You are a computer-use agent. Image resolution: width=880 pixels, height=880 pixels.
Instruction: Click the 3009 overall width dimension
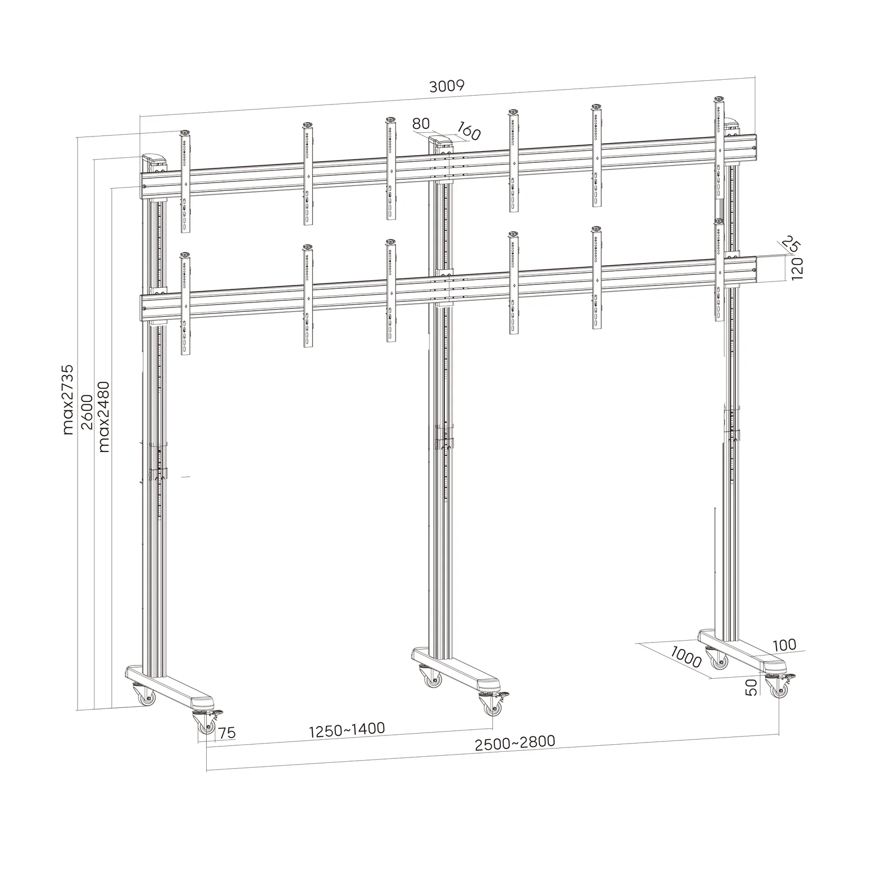pos(447,86)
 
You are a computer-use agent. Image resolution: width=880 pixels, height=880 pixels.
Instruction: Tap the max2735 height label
pos(68,399)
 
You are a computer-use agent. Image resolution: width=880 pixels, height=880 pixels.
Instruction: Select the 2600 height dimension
pos(86,413)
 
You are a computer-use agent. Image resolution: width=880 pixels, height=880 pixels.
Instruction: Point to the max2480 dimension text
pos(104,416)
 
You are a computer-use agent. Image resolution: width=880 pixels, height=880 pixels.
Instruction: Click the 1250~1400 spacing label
pos(346,730)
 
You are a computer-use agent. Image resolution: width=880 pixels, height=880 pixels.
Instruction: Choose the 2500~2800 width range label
pos(515,743)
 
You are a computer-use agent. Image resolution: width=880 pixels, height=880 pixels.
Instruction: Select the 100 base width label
pos(784,645)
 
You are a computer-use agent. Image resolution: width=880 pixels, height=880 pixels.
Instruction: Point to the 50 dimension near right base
pos(752,687)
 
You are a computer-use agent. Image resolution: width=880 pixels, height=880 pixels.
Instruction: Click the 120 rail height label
pos(798,269)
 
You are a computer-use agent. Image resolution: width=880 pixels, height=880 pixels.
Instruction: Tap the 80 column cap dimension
pos(421,124)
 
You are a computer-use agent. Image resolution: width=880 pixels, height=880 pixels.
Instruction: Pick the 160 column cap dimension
pos(468,133)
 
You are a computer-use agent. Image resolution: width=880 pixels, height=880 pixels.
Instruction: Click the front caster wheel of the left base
pos(206,727)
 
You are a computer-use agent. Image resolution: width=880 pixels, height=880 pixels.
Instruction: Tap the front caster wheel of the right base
pos(780,691)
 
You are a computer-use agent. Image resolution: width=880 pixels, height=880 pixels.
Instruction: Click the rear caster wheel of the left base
pos(146,698)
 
